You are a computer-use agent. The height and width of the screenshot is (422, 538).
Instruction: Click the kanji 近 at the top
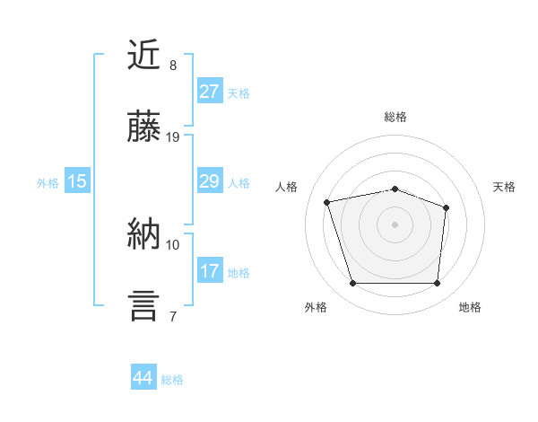point(145,56)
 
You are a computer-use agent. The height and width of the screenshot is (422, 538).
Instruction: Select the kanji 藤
point(145,127)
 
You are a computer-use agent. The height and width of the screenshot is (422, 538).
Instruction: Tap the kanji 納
point(145,234)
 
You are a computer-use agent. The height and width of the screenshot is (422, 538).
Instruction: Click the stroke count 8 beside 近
point(172,66)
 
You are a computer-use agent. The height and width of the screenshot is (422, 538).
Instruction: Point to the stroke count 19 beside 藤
point(173,137)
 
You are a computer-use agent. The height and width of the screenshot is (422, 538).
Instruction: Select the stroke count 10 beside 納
point(173,244)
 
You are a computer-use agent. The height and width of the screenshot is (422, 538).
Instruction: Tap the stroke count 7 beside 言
point(172,316)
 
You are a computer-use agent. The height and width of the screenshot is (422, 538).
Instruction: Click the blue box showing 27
point(209,92)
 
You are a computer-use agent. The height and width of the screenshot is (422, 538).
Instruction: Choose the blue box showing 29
point(209,181)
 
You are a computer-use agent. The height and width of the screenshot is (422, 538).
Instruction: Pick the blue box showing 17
point(209,270)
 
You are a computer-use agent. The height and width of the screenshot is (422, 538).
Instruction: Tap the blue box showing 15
point(77,181)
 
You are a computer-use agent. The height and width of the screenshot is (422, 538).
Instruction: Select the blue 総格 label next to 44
point(173,380)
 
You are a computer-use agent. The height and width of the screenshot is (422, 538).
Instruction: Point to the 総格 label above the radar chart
point(395,117)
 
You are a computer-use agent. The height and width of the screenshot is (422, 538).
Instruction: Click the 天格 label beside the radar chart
point(505,187)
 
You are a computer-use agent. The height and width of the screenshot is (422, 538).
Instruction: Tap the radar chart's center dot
point(395,224)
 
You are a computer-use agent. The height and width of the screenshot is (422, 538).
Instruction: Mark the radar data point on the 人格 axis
point(327,202)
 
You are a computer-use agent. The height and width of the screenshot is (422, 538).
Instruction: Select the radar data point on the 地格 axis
point(438,284)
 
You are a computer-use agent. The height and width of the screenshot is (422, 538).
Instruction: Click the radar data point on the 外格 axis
point(352,284)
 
